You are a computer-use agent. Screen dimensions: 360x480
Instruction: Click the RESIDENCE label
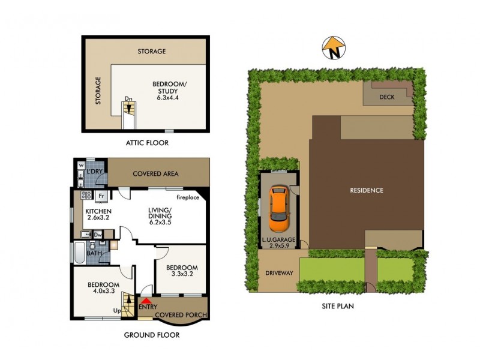tap(367, 190)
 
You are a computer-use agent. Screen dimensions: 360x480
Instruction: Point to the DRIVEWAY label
tap(279, 273)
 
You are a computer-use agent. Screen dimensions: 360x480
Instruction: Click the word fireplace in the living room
tap(187, 197)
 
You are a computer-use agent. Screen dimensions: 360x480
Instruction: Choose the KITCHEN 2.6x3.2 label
tap(98, 215)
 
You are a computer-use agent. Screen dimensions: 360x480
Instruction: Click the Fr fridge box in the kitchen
tap(101, 196)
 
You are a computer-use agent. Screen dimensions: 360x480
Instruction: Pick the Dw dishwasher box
tap(97, 236)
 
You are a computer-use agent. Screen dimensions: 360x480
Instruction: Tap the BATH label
tap(94, 254)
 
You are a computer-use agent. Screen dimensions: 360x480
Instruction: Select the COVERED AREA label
tap(155, 174)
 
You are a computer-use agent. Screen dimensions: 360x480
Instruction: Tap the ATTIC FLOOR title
tap(147, 143)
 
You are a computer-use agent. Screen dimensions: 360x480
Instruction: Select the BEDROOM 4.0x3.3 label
tap(103, 288)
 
